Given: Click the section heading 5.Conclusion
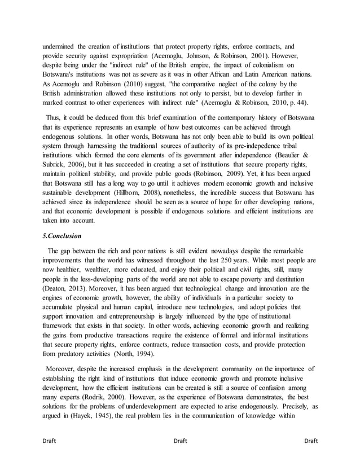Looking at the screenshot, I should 63,235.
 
